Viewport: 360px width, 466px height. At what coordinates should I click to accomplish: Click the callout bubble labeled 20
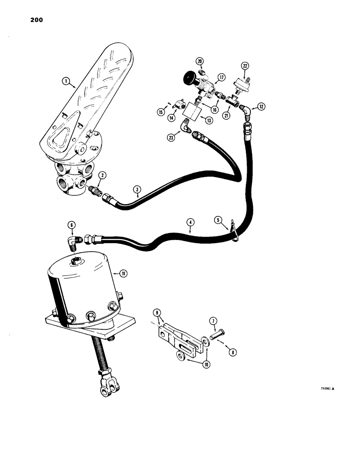tap(200, 62)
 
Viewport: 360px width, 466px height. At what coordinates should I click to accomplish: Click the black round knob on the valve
tap(191, 76)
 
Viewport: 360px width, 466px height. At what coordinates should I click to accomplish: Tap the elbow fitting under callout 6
tap(75, 242)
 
